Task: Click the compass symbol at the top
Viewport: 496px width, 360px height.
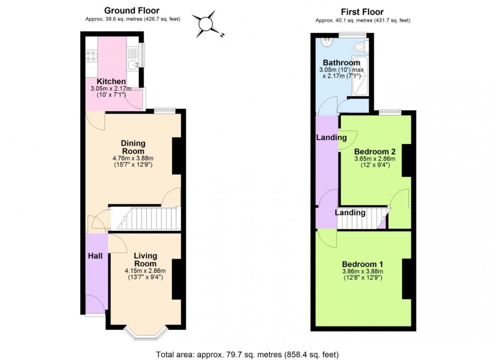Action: coord(207,24)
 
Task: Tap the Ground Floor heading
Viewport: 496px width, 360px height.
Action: coord(132,10)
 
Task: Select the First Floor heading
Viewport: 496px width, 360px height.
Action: coord(362,12)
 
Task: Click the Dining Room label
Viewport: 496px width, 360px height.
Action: coord(133,147)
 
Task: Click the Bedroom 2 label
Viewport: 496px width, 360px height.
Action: coord(375,151)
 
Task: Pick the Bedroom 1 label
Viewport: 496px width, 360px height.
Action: coord(362,264)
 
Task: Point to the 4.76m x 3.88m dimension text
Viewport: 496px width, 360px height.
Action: coord(133,158)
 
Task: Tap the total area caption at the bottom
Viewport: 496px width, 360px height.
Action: coord(247,354)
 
